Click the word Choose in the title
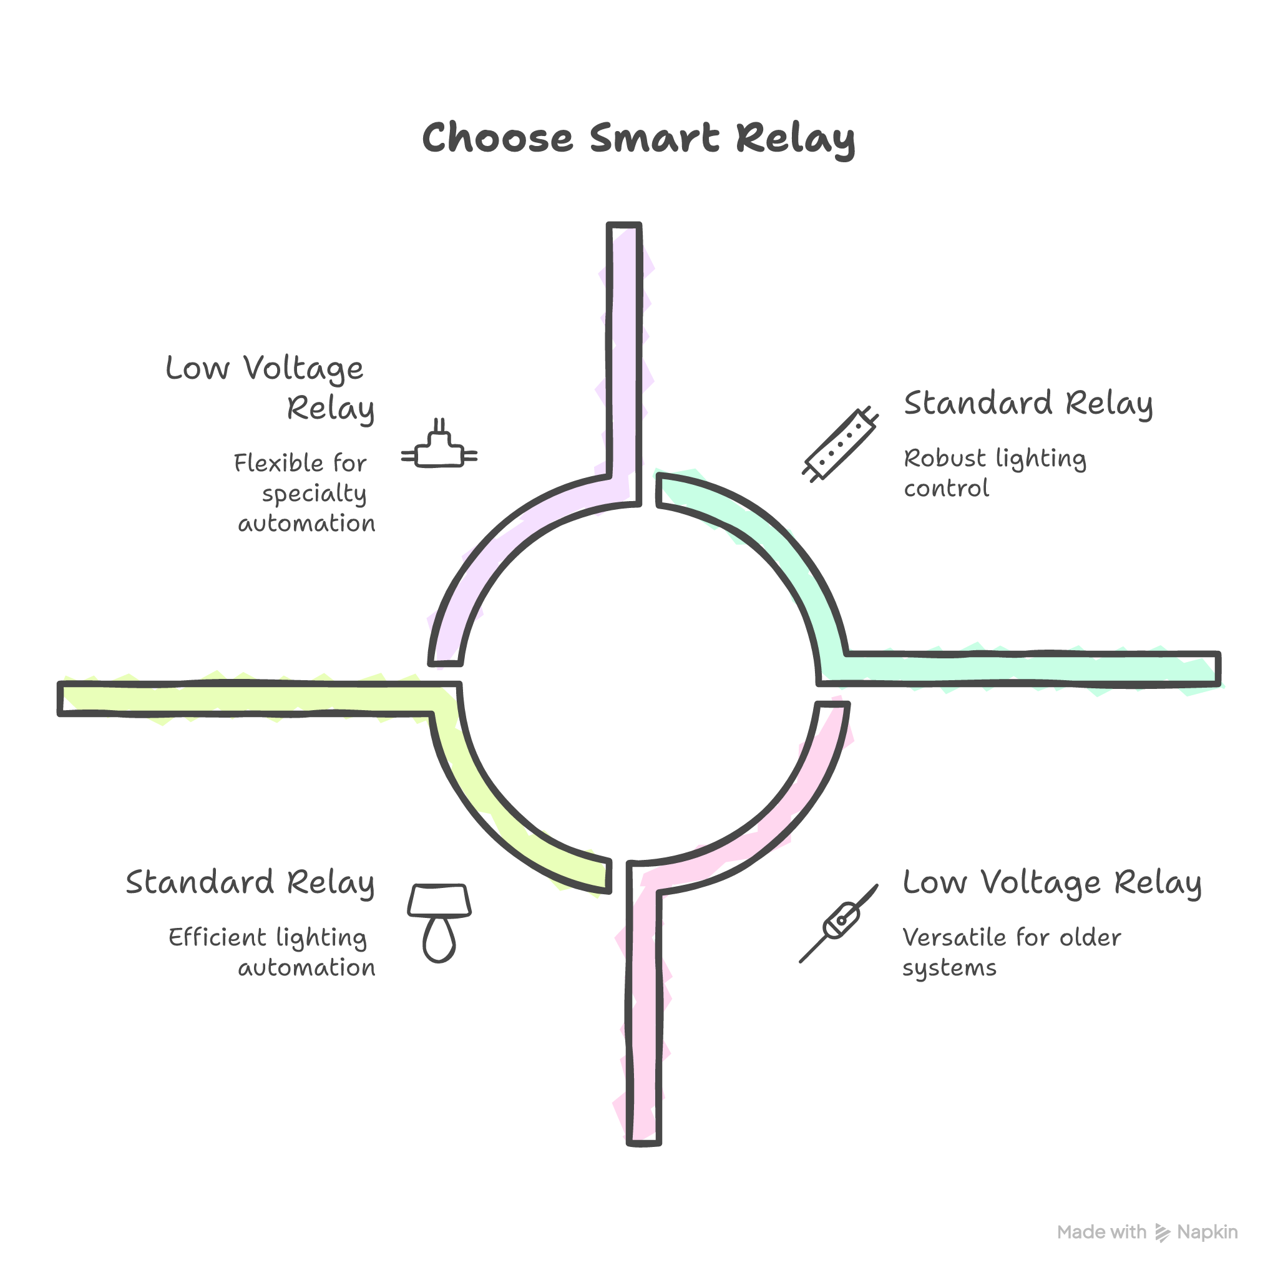point(497,139)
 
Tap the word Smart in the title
point(653,139)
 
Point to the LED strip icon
point(840,442)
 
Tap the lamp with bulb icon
point(439,922)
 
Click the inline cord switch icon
point(839,923)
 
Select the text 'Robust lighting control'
point(994,473)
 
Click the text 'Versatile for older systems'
point(1011,952)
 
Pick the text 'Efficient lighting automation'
point(271,952)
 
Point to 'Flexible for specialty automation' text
point(304,493)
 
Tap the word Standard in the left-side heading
point(200,882)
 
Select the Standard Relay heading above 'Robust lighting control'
point(1028,404)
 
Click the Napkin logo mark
point(1162,1232)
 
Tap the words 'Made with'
point(1101,1232)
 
